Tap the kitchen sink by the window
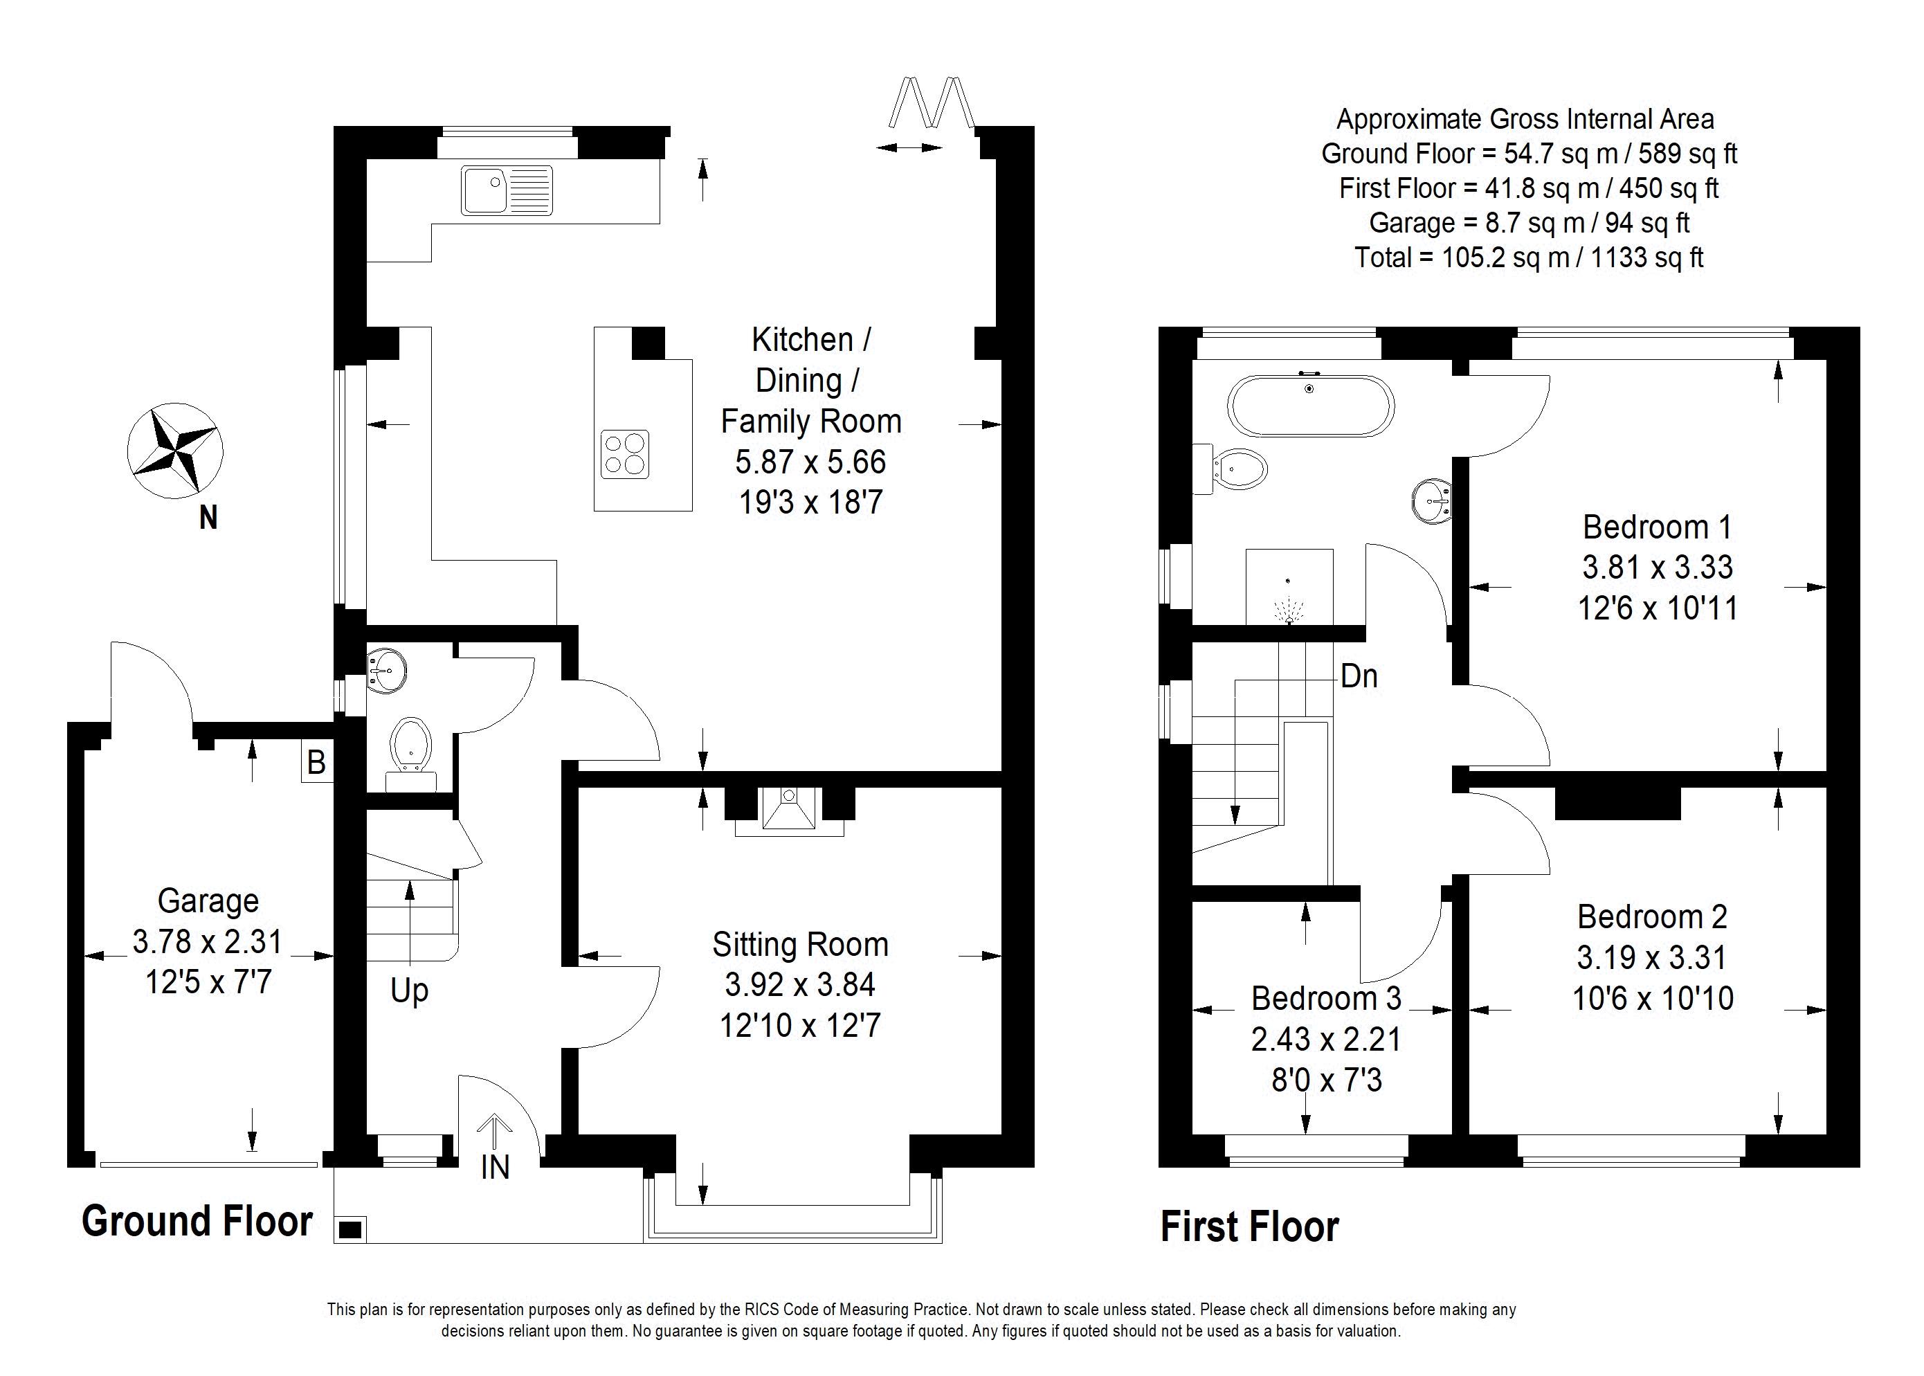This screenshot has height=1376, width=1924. click(x=507, y=190)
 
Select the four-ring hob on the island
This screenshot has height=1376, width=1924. click(x=625, y=454)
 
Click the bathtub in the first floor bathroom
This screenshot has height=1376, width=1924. click(x=1310, y=405)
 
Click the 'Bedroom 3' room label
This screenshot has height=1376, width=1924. click(x=1326, y=998)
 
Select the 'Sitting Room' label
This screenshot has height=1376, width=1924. click(x=801, y=944)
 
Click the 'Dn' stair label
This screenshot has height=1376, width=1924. click(x=1359, y=676)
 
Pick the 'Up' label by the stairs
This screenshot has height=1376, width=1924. click(x=409, y=990)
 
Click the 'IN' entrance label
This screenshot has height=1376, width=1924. click(x=495, y=1168)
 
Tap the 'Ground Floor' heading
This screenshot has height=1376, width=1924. click(x=197, y=1221)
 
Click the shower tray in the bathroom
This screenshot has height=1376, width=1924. click(x=1289, y=586)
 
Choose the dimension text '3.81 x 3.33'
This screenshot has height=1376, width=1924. click(x=1657, y=567)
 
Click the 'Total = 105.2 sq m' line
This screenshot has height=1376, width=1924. click(x=1528, y=257)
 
